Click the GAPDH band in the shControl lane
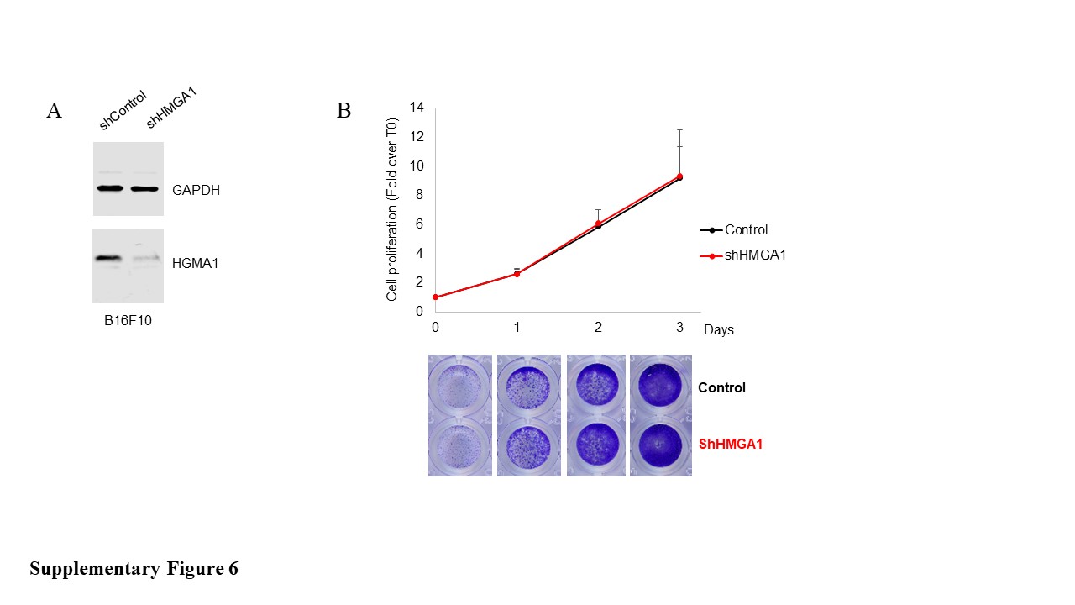click(x=110, y=188)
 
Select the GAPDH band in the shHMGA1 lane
click(x=144, y=189)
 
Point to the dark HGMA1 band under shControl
click(x=108, y=258)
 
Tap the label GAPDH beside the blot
click(x=196, y=190)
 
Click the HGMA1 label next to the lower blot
click(x=196, y=263)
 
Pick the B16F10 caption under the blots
click(x=128, y=320)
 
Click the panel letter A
click(x=55, y=110)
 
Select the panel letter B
click(x=344, y=110)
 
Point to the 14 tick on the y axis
click(x=417, y=107)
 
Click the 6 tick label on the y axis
click(x=419, y=224)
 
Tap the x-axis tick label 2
click(x=598, y=328)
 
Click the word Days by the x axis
click(x=718, y=330)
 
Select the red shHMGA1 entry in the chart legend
click(x=743, y=255)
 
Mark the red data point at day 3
click(x=679, y=176)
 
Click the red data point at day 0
click(x=435, y=297)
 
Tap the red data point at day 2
click(x=598, y=224)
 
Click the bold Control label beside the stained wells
click(x=721, y=387)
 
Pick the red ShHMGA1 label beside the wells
click(x=731, y=445)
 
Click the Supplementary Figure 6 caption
click(x=134, y=569)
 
